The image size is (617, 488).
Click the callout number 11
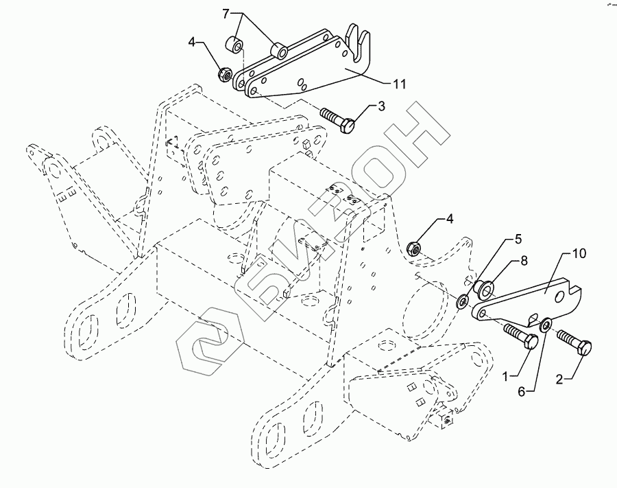pyautogui.click(x=398, y=84)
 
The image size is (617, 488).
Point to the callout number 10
pyautogui.click(x=579, y=255)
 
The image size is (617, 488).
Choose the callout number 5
pyautogui.click(x=518, y=240)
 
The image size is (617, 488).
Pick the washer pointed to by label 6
pyautogui.click(x=546, y=324)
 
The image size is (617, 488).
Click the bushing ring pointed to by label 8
pyautogui.click(x=486, y=288)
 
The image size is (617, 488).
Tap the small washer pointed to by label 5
pyautogui.click(x=463, y=301)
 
